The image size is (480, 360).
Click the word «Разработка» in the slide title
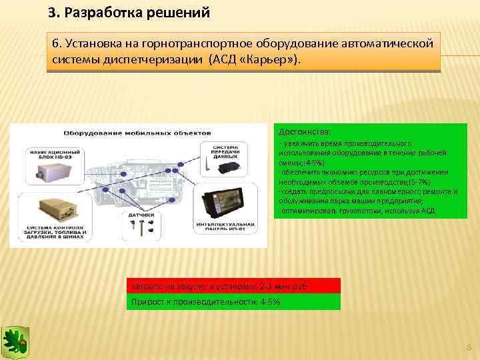[x=95, y=13]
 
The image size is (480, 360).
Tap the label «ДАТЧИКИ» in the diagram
[x=143, y=215]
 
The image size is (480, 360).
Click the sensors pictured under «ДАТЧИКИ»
[x=142, y=229]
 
